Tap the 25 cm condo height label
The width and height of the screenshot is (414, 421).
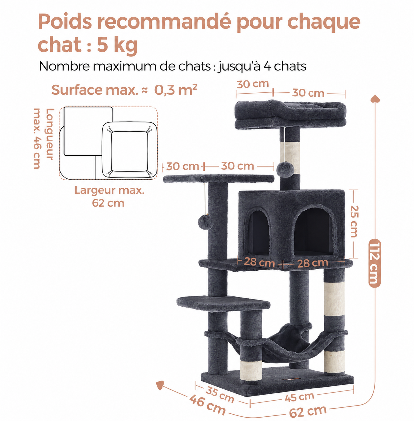[354, 221]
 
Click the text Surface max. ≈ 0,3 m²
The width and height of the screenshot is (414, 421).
[124, 90]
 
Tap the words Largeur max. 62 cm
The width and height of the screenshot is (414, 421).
[109, 197]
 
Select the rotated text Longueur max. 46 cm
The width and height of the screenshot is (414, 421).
[43, 139]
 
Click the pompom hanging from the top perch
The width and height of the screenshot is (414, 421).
[285, 169]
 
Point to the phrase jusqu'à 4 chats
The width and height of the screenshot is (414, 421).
[262, 66]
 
